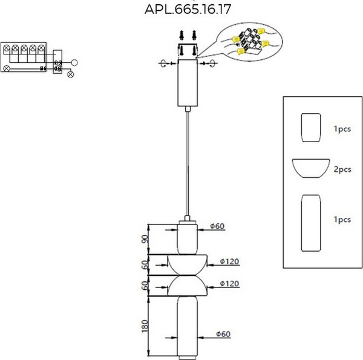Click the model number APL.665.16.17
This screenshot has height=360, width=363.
(188, 10)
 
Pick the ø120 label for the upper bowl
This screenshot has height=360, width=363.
(229, 261)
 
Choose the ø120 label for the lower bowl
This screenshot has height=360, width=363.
(229, 283)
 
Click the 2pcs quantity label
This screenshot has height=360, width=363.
(342, 169)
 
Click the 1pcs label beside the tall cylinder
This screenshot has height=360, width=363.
(342, 220)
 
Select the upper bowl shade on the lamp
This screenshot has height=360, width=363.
(187, 264)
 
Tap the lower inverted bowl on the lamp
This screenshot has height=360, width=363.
(187, 286)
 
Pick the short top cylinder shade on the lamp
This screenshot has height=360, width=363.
(187, 238)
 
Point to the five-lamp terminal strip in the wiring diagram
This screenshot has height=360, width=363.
(25, 50)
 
